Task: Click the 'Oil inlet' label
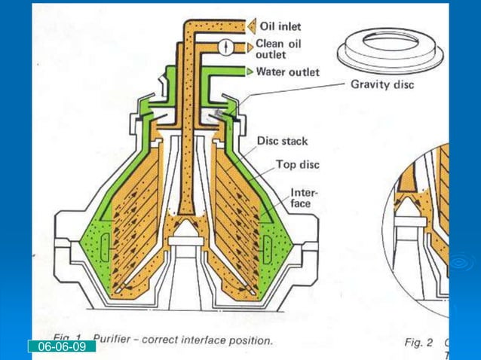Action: [x=280, y=27]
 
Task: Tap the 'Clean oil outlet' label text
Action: [x=278, y=49]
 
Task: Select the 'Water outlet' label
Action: [x=287, y=72]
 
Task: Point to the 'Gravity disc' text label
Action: [x=381, y=84]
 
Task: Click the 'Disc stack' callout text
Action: [x=282, y=141]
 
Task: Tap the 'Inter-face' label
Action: [x=305, y=198]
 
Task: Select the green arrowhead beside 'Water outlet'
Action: [x=250, y=72]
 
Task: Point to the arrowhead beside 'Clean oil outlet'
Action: [x=250, y=47]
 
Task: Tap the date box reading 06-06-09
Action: [x=63, y=346]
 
